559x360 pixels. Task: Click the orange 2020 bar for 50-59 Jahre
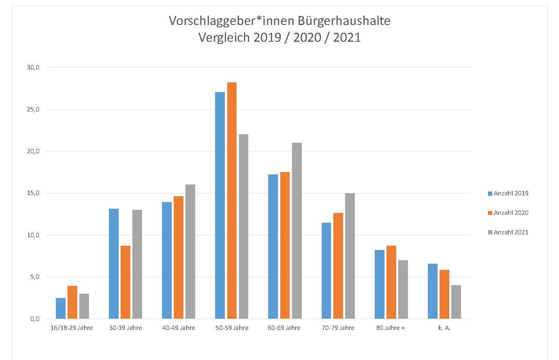231,200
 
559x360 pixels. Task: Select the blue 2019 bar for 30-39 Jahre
114,264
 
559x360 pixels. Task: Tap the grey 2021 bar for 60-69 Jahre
297,231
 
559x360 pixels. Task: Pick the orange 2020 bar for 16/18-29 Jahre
72,302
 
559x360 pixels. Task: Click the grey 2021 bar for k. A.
456,302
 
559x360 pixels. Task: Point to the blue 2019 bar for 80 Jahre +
379,284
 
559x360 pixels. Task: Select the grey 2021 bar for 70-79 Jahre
350,256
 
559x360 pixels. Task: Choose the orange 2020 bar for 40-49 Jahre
178,257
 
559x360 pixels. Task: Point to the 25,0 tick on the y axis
33,110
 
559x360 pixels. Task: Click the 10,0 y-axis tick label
33,235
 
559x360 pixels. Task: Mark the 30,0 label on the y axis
33,67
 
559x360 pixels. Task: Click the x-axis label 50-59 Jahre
232,328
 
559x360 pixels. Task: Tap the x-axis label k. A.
444,328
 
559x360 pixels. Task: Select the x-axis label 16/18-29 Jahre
72,328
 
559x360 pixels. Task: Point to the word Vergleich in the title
224,37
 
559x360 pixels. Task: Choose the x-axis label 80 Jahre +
390,328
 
